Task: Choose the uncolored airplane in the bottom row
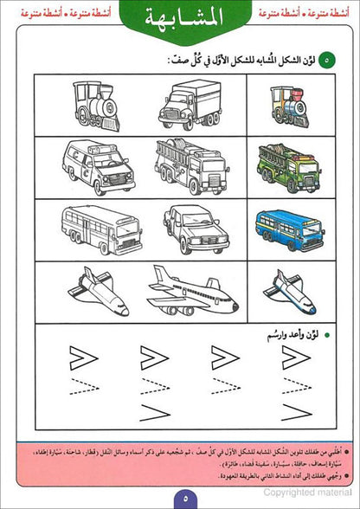coord(191,291)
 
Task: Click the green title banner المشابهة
coord(180,20)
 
